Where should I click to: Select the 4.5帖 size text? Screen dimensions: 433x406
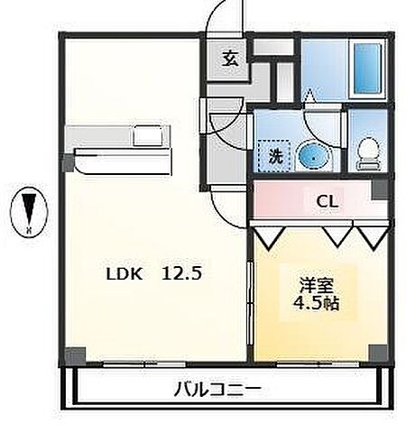tap(315, 304)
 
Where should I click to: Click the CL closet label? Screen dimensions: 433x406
tap(327, 202)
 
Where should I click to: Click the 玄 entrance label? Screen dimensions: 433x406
tap(231, 60)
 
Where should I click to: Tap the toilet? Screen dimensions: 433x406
tap(368, 154)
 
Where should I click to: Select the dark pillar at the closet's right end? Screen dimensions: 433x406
tap(382, 190)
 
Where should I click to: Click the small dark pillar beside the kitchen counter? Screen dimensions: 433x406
tap(69, 162)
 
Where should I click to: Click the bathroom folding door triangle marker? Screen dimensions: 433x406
tap(309, 93)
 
